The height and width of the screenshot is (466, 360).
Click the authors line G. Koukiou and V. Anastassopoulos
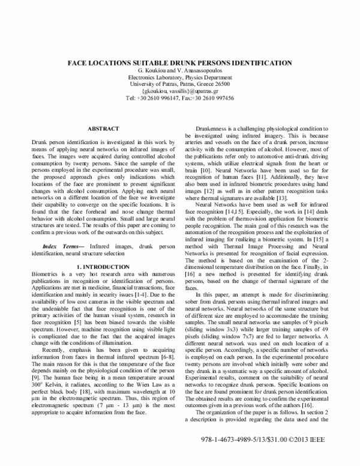tap(180, 70)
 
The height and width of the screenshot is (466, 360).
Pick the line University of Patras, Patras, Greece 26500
tap(180, 83)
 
